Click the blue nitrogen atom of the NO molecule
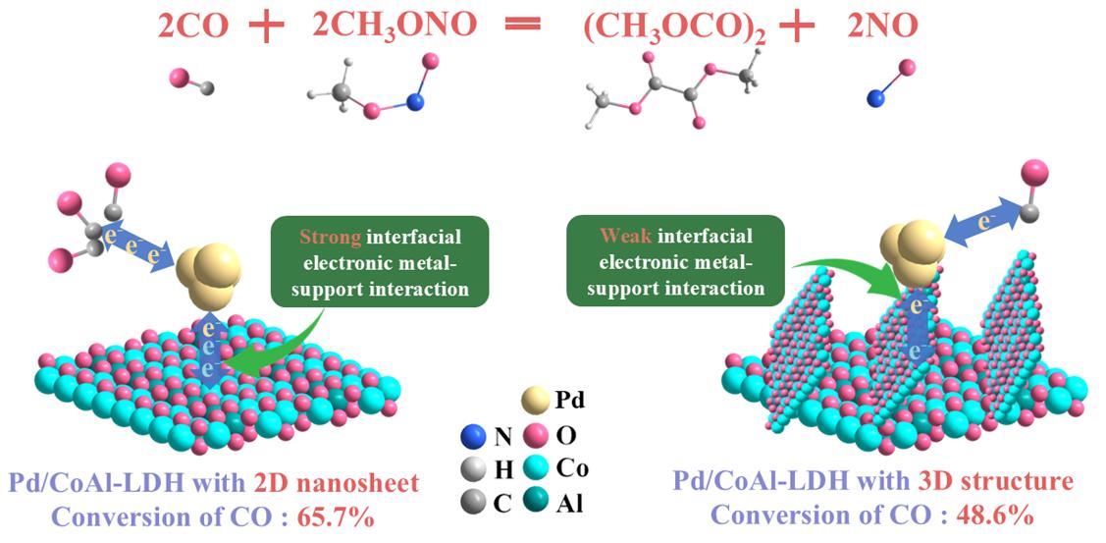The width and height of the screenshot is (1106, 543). pos(875,97)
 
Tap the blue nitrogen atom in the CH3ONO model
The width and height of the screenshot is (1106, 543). pos(416,101)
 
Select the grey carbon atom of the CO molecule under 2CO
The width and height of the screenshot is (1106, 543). pos(206,88)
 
